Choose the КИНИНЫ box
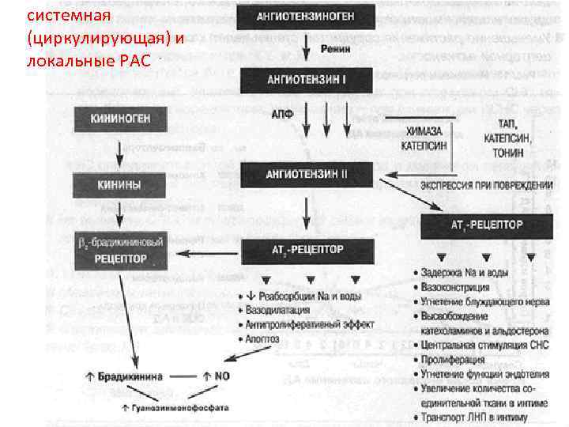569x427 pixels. coord(119,186)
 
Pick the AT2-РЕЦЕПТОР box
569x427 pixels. coord(304,251)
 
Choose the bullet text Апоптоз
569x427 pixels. coord(265,338)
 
